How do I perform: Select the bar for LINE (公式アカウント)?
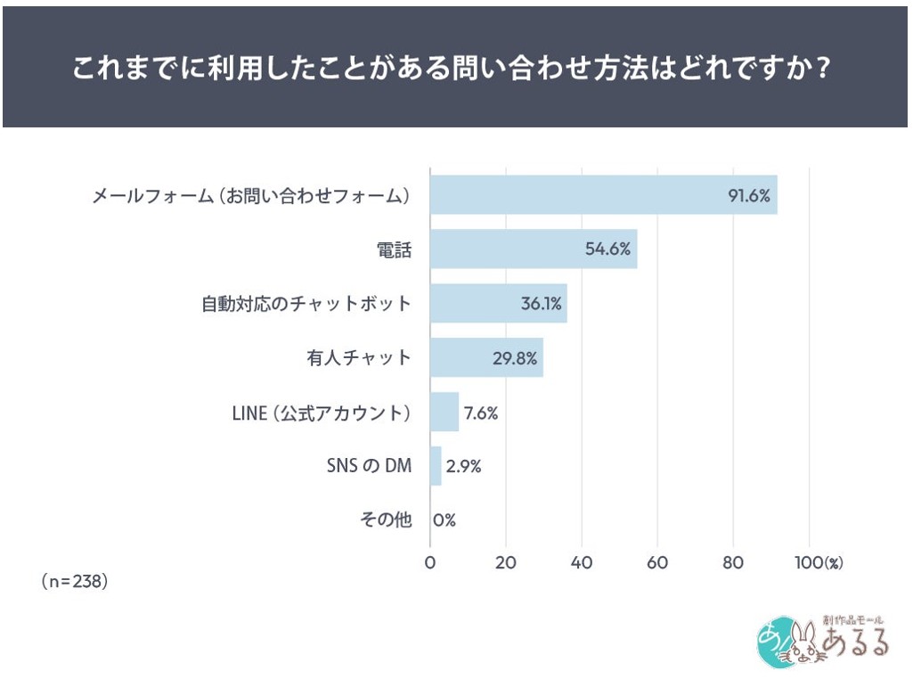pyautogui.click(x=444, y=413)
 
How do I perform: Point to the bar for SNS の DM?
pyautogui.click(x=436, y=466)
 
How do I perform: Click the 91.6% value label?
pyautogui.click(x=748, y=195)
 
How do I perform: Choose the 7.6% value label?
pyautogui.click(x=479, y=413)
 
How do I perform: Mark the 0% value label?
pyautogui.click(x=444, y=520)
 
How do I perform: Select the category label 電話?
pyautogui.click(x=395, y=249)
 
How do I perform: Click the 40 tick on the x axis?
pyautogui.click(x=582, y=563)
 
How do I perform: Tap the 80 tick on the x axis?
pyautogui.click(x=733, y=563)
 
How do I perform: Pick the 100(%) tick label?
pyautogui.click(x=819, y=563)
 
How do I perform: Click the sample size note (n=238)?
pyautogui.click(x=75, y=581)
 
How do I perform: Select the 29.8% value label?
pyautogui.click(x=514, y=358)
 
